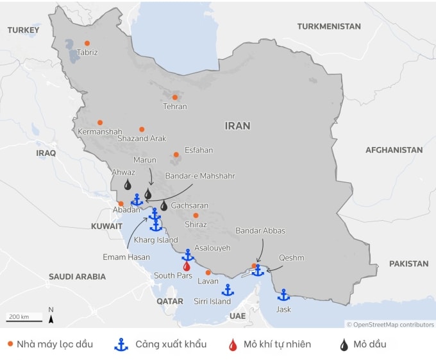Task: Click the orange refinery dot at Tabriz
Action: click(87, 43)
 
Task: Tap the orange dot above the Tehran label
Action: click(174, 98)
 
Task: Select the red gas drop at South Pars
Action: click(187, 266)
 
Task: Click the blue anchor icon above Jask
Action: click(283, 295)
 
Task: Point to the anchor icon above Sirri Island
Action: click(227, 290)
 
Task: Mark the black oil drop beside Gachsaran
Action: click(163, 205)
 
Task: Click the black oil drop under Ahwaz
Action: click(128, 185)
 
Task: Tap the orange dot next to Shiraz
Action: click(196, 216)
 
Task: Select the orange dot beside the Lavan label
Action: click(208, 273)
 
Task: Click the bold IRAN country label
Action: click(237, 126)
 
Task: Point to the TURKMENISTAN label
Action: click(329, 26)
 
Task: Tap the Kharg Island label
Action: click(155, 240)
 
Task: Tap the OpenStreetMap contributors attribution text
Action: click(390, 325)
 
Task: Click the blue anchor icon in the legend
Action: click(120, 345)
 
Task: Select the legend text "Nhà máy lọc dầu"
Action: click(55, 345)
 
